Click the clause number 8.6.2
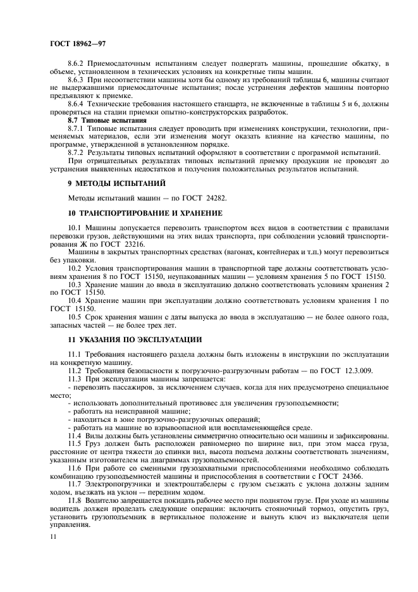point(78,63)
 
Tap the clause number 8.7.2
point(78,152)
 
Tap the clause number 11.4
point(75,435)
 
